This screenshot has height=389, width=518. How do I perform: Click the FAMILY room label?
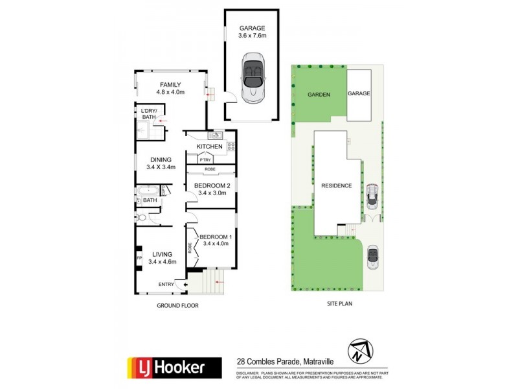171,85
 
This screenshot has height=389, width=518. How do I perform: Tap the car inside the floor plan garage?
252,80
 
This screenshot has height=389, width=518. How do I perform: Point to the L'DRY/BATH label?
149,114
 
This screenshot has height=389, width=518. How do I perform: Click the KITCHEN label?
210,147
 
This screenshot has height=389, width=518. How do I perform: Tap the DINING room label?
161,159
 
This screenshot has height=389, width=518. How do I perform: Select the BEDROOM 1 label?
216,237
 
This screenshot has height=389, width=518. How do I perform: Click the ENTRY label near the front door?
166,285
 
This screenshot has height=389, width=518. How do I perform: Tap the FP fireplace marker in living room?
139,258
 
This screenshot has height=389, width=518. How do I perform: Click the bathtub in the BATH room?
148,191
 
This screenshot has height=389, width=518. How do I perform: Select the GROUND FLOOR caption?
177,305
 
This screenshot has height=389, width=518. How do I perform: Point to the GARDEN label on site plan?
319,94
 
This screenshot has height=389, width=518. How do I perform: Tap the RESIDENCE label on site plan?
337,186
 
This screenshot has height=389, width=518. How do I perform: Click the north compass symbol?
359,351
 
